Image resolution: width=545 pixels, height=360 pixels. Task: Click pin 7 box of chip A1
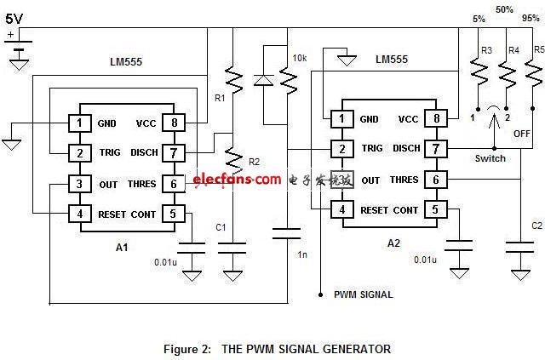click(x=173, y=152)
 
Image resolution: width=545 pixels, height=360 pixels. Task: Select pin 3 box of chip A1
click(x=79, y=183)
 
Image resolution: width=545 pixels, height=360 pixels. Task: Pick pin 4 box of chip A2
click(x=341, y=209)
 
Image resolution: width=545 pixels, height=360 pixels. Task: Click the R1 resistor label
click(x=220, y=99)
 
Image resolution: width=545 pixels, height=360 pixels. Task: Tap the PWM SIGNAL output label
click(x=363, y=294)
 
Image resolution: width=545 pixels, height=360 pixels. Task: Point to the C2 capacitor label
click(x=536, y=226)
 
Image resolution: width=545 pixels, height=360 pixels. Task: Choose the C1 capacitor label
click(x=221, y=227)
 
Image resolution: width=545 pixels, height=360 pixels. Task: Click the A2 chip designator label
click(x=393, y=243)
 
